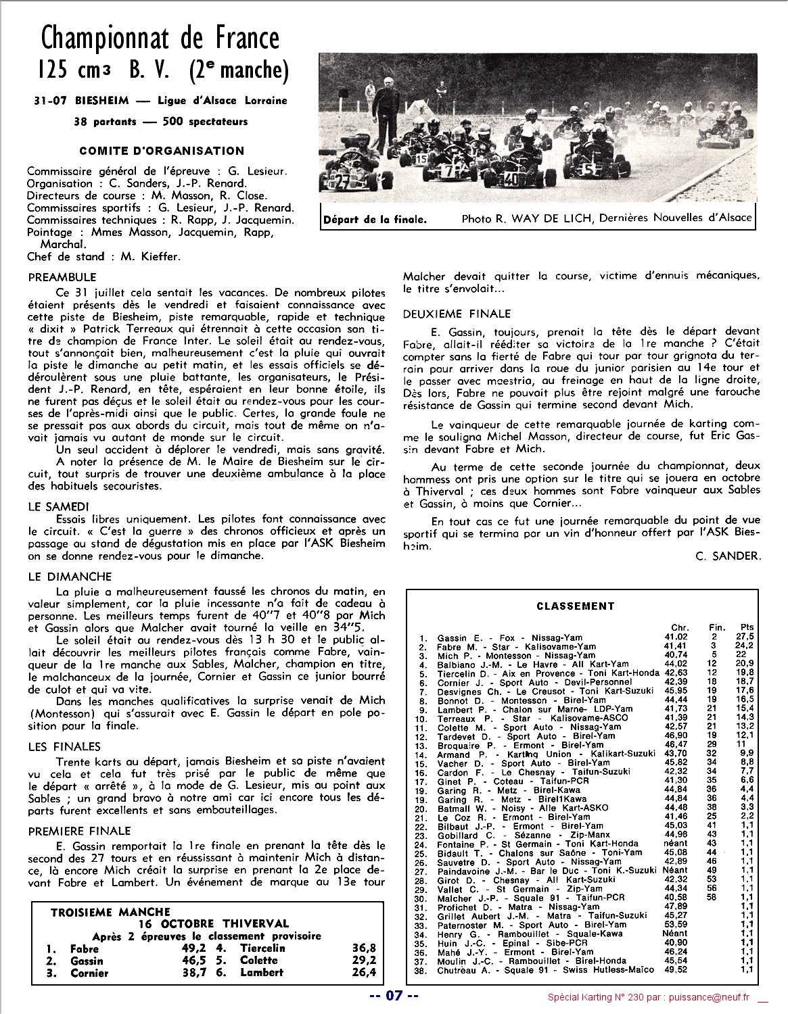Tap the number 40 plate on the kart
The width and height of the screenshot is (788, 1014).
pyautogui.click(x=511, y=179)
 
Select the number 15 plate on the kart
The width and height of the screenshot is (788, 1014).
pyautogui.click(x=421, y=160)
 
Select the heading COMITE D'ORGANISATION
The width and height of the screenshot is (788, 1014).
pyautogui.click(x=161, y=151)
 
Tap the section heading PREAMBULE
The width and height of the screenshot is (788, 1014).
pyautogui.click(x=62, y=277)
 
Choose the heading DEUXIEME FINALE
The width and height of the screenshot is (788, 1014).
pyautogui.click(x=457, y=314)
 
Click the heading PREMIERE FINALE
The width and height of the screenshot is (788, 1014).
pyautogui.click(x=80, y=831)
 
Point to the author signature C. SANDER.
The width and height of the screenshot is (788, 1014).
pyautogui.click(x=727, y=556)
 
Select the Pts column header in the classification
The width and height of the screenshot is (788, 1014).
pyautogui.click(x=747, y=627)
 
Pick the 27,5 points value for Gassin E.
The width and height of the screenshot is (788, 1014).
pyautogui.click(x=746, y=637)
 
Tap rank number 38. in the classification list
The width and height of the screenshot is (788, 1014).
pyautogui.click(x=422, y=969)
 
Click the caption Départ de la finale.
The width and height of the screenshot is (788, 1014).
pyautogui.click(x=375, y=219)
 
